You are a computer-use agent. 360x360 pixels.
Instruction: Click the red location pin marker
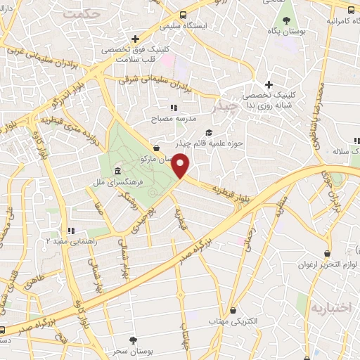[181, 167]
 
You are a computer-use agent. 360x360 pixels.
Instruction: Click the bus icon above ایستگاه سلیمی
[184, 15]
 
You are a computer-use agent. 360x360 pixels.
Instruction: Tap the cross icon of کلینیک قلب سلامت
[134, 39]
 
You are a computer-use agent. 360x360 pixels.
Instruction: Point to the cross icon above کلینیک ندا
[269, 84]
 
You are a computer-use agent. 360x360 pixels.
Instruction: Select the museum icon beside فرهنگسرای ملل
[116, 172]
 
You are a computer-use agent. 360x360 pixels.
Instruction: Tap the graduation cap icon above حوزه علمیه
[207, 131]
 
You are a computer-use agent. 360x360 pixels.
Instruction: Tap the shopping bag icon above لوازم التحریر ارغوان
[327, 254]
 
